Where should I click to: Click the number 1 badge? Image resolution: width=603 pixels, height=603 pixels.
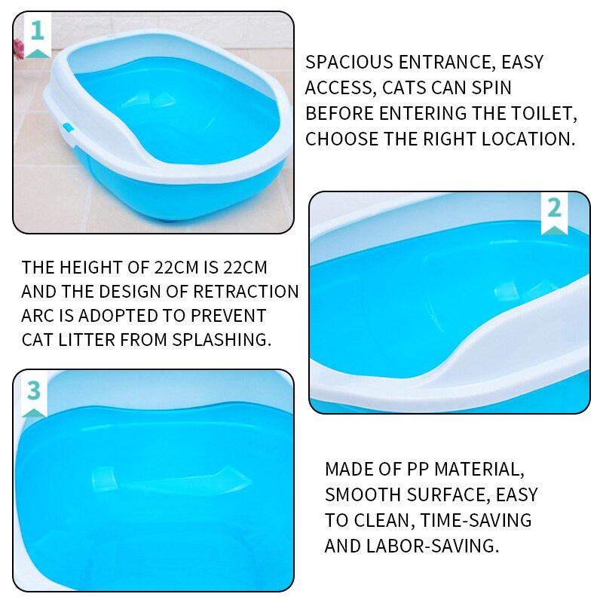(x=37, y=35)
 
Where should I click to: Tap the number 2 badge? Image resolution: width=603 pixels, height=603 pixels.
(x=554, y=213)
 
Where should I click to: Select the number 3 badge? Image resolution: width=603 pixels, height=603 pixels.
(x=34, y=395)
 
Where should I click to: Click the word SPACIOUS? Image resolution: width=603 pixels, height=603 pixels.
(x=349, y=63)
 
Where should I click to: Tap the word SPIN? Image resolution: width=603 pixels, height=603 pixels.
(x=492, y=87)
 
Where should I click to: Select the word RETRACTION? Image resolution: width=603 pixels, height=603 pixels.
(x=246, y=292)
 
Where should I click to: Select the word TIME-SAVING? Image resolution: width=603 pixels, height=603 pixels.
(x=476, y=520)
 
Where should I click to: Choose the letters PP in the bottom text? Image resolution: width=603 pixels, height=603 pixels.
(x=418, y=469)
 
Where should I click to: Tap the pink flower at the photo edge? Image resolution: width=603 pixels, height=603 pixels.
(x=18, y=49)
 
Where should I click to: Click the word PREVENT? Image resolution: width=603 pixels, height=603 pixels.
(x=228, y=316)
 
